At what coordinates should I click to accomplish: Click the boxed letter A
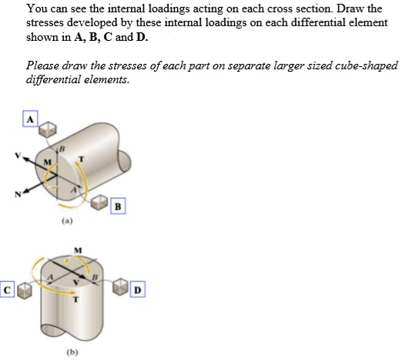[30, 119]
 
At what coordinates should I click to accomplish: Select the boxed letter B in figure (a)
[117, 206]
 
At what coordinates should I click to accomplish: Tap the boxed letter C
[8, 291]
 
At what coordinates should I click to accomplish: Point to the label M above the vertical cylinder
[77, 250]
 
